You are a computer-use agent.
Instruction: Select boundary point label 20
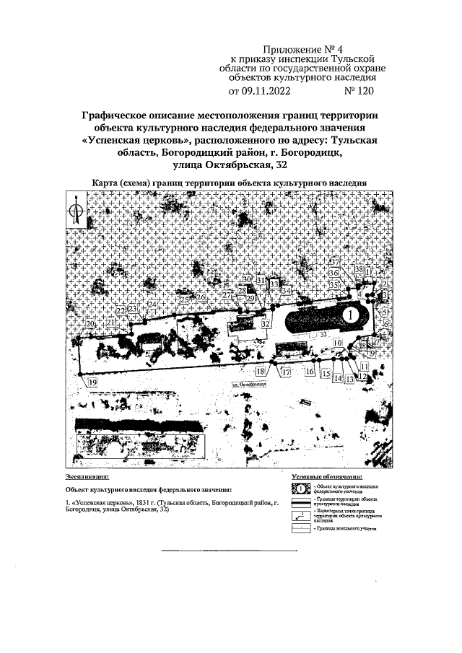click(90, 325)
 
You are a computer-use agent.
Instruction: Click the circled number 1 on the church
click(349, 315)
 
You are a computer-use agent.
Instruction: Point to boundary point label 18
click(261, 371)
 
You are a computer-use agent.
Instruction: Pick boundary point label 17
click(285, 372)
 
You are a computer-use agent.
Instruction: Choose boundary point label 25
click(184, 300)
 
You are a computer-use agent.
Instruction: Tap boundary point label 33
click(274, 284)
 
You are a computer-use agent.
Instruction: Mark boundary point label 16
click(310, 371)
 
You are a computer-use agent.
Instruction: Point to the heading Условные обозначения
click(327, 478)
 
